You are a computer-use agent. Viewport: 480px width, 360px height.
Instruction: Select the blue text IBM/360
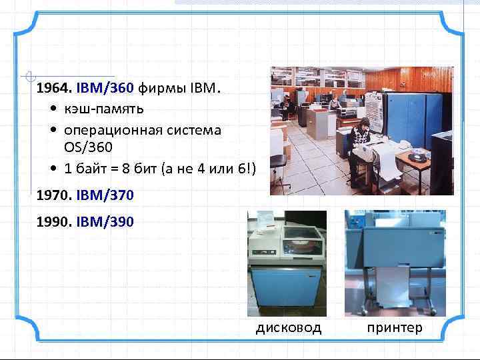(x=105, y=88)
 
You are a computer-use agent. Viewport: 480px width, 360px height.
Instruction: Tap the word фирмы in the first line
(x=161, y=88)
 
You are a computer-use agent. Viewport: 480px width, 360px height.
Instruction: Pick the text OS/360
(x=88, y=145)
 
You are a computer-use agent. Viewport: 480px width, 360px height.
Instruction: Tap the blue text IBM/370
(x=105, y=195)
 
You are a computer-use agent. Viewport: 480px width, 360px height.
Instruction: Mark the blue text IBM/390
(x=105, y=221)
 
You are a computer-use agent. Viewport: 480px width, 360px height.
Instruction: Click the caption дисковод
(x=289, y=327)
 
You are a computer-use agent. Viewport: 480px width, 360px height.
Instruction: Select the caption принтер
(x=394, y=327)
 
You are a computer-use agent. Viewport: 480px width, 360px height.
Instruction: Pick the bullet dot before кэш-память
(x=52, y=109)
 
